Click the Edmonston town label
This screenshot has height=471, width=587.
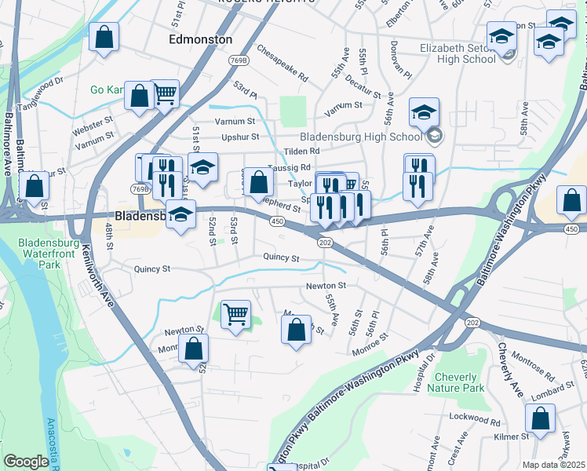(x=201, y=38)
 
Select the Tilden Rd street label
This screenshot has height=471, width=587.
(x=303, y=151)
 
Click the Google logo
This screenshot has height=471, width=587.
(x=26, y=462)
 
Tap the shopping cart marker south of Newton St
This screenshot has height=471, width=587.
(x=235, y=314)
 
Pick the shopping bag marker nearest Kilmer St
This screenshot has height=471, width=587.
(x=541, y=419)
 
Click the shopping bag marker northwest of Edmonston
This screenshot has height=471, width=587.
(x=104, y=37)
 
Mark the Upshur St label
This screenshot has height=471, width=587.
(x=240, y=137)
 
